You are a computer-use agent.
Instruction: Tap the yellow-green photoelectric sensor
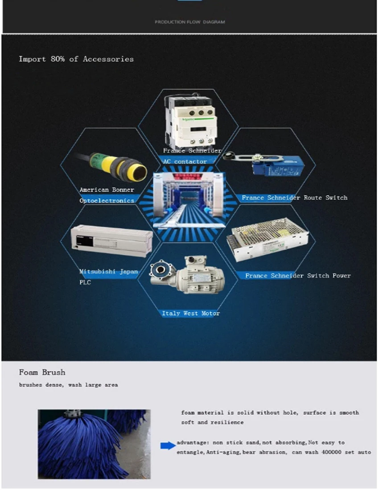119,167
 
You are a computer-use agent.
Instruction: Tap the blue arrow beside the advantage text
168,445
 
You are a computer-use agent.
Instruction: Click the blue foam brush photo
94,444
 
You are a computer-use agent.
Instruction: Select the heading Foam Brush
42,372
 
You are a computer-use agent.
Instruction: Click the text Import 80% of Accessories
76,59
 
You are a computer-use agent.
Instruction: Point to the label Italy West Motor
191,314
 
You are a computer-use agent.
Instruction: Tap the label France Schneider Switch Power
298,276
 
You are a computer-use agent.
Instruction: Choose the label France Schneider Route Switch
294,198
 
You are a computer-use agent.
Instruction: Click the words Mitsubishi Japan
109,272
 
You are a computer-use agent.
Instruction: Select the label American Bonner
107,190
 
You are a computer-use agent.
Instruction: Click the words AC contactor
185,161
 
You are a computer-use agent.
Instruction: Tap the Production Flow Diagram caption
190,22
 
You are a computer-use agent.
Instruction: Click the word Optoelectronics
107,201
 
